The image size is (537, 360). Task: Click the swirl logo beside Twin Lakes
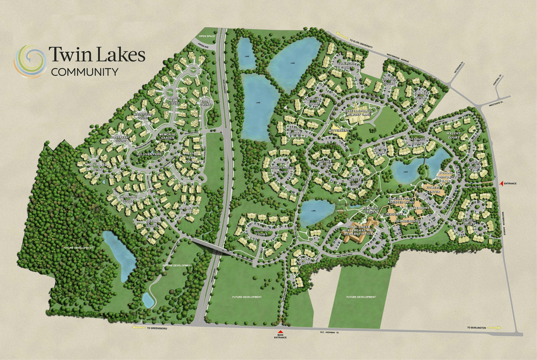coord(30,61)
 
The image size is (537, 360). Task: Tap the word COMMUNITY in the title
coord(84,72)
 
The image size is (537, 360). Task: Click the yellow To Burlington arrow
coord(494,327)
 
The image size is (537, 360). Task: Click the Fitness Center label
coord(433,189)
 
